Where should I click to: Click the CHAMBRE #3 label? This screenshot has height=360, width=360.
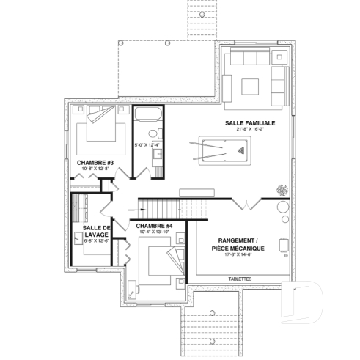tap(95, 162)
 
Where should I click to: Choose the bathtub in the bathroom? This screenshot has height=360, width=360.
tap(147, 115)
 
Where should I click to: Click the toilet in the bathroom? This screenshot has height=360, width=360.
tap(155, 133)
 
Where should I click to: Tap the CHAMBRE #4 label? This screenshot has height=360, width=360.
tap(154, 225)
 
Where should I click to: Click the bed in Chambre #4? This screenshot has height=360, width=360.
tap(164, 262)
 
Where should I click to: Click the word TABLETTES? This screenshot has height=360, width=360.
tap(240, 279)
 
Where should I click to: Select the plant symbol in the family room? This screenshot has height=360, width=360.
tap(282, 190)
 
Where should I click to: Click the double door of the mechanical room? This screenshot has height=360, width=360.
tap(244, 203)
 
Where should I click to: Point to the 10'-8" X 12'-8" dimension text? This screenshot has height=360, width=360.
tap(95, 169)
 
